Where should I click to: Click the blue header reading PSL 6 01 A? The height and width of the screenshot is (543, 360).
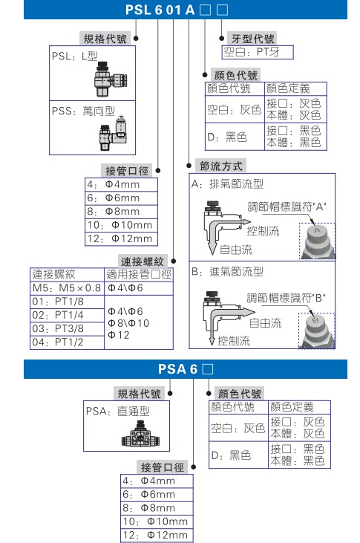pyautogui.click(x=180, y=10)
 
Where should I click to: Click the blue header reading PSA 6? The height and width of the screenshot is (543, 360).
pyautogui.click(x=180, y=368)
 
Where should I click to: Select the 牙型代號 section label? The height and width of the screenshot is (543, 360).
pyautogui.click(x=253, y=39)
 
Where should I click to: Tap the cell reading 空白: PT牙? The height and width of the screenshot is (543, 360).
pyautogui.click(x=257, y=53)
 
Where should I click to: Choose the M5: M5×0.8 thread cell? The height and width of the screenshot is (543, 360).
pyautogui.click(x=66, y=287)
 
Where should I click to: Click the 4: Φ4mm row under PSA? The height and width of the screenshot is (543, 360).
pyautogui.click(x=157, y=481)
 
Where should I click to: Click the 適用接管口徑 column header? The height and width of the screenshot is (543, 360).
pyautogui.click(x=140, y=273)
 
